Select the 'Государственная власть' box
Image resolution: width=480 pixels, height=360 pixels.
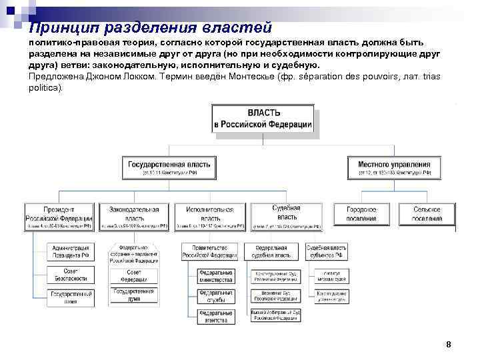click(169, 167)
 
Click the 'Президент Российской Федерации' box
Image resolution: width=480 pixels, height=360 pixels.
click(59, 217)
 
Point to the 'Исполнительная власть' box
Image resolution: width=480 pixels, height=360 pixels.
click(210, 217)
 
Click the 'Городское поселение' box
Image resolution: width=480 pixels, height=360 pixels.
click(361, 214)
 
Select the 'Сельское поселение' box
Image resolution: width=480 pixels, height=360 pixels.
click(427, 214)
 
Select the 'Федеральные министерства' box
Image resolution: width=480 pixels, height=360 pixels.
click(215, 275)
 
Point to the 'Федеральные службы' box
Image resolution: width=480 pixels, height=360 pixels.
click(215, 295)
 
